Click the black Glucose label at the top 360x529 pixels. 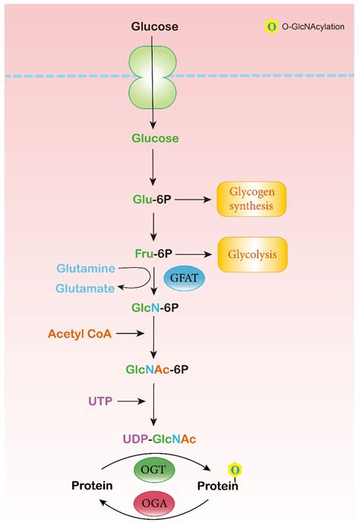click(x=155, y=27)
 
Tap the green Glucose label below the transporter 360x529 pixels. click(x=155, y=139)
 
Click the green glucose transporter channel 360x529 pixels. click(x=155, y=78)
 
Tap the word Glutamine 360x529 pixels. click(x=86, y=269)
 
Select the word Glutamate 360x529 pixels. click(x=86, y=288)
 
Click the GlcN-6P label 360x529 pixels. click(x=155, y=310)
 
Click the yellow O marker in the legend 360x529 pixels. click(x=268, y=27)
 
